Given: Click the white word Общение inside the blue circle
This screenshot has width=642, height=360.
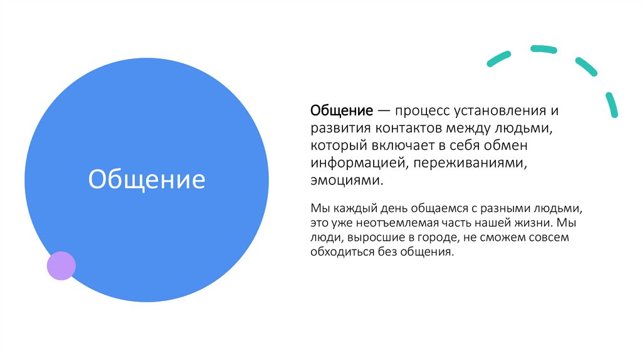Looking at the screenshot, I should pos(147,180).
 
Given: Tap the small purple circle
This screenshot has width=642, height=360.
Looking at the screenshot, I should pos(61,265).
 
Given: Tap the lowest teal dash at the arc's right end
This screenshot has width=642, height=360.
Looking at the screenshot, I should pos(611,105).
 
